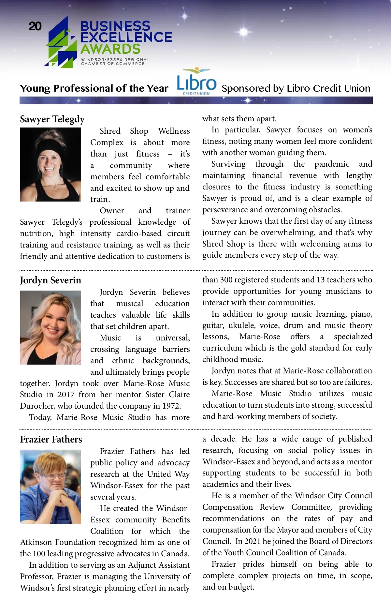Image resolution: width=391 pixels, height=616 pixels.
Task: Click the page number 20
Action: [35, 26]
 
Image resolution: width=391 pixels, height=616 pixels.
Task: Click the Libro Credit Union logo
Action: [196, 82]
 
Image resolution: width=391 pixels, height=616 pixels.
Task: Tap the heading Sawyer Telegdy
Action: [52, 119]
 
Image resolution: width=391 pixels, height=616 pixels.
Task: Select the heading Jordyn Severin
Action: [51, 280]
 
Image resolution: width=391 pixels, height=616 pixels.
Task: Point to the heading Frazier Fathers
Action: [51, 440]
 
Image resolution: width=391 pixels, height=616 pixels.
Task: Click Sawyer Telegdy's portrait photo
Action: [51, 164]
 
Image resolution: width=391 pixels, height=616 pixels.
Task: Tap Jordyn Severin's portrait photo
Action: [51, 327]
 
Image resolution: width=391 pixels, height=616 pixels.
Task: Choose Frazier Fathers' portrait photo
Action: [51, 487]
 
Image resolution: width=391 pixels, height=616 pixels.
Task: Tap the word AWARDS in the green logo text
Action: [110, 49]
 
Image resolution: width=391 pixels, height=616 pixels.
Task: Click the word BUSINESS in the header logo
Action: [115, 26]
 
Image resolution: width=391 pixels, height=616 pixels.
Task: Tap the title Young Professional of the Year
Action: [94, 88]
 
